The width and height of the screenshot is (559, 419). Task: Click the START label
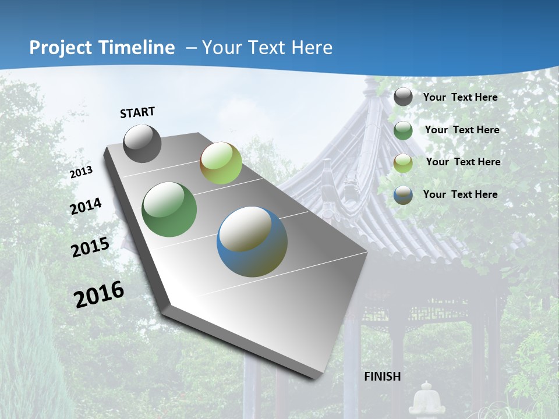[x=137, y=112]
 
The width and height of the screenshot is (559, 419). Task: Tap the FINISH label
[x=383, y=377]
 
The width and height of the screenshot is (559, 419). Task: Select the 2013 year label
[x=82, y=172]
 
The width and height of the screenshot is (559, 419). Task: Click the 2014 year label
[x=86, y=206]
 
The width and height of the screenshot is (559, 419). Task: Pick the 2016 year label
[x=99, y=294]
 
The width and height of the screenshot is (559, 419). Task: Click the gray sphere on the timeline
[x=143, y=144]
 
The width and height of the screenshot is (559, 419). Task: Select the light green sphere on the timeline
[x=221, y=164]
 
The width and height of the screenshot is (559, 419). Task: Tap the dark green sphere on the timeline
[x=169, y=210]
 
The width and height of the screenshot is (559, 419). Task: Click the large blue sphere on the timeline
[x=252, y=242]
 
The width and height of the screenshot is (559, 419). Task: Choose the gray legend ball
[x=403, y=97]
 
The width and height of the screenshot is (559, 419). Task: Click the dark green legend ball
[x=403, y=130]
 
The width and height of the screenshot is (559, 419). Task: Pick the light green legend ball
[x=403, y=163]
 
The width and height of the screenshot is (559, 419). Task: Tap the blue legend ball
[x=403, y=195]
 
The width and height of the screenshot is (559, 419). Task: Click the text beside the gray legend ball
[x=460, y=97]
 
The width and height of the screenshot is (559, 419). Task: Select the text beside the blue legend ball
[x=460, y=194]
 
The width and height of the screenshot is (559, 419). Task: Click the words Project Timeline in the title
[x=102, y=48]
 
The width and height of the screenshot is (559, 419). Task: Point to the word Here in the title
[x=312, y=48]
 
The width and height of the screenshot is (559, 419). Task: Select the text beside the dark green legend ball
[x=462, y=130]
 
